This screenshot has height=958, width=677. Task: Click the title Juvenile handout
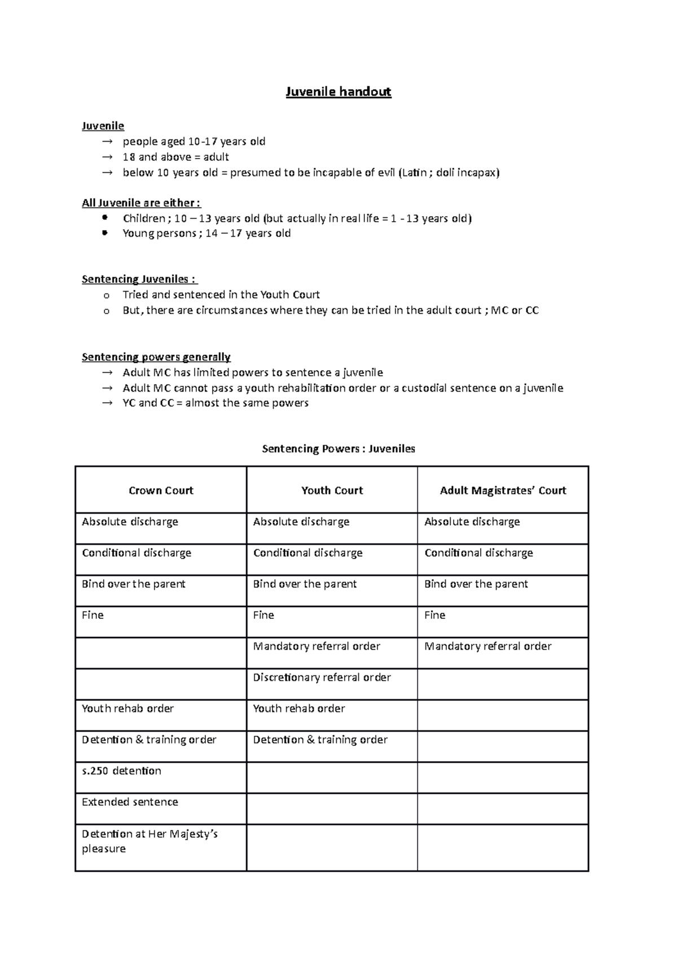point(338,91)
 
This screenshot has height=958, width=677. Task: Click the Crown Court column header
point(161,490)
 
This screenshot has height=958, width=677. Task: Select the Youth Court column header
point(332,490)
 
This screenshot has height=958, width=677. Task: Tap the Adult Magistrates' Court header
point(503,490)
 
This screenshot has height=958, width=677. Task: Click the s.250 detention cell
point(121,771)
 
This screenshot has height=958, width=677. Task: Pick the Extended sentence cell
point(130,802)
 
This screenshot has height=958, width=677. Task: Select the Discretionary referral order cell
point(322,677)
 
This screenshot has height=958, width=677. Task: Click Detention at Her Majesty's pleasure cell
point(150,841)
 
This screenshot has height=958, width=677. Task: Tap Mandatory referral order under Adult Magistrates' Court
point(487,646)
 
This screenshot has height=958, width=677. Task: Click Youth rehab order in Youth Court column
point(298,708)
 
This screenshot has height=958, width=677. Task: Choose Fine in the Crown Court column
point(93,615)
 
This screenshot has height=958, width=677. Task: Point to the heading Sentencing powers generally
point(156,357)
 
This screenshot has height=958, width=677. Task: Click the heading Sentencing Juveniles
point(139,279)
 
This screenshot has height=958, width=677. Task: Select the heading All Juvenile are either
point(141,203)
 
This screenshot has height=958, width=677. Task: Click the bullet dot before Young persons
point(104,233)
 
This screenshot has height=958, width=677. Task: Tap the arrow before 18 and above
point(107,157)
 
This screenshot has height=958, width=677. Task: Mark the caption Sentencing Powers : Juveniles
point(338,449)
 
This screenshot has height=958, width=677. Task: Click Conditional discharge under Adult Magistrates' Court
point(478,553)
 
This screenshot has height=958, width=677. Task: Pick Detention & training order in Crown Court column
point(149,740)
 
